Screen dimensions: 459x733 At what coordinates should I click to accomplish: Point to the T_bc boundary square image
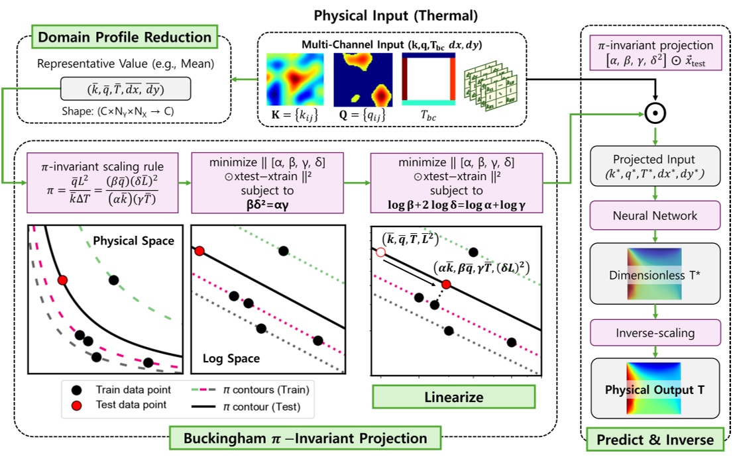pos(428,80)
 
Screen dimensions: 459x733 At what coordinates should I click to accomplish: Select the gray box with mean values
pos(125,88)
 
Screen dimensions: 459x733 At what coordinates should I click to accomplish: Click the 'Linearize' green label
pos(453,397)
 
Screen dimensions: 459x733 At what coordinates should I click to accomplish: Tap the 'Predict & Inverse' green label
pos(654,439)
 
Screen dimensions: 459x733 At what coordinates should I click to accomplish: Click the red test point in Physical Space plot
pos(63,281)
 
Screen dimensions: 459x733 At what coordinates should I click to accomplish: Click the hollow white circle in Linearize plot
pos(380,252)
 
